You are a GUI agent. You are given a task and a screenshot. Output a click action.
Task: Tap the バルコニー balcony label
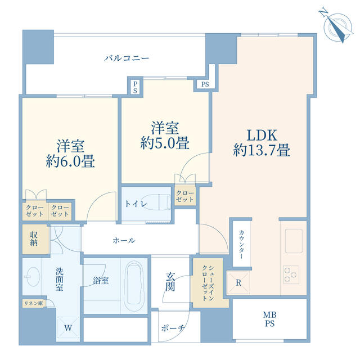pyautogui.click(x=127, y=58)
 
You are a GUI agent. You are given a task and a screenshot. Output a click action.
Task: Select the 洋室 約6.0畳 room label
pyautogui.click(x=70, y=154)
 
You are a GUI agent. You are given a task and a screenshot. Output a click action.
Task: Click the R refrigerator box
pyautogui.click(x=238, y=282)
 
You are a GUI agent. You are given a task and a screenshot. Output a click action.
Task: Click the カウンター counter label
pyautogui.click(x=241, y=245)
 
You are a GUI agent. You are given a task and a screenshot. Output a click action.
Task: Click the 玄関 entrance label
pyautogui.click(x=170, y=281)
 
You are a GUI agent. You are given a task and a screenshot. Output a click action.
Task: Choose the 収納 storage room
pyautogui.click(x=35, y=238)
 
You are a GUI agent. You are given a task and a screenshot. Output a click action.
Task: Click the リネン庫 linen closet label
pyautogui.click(x=33, y=303)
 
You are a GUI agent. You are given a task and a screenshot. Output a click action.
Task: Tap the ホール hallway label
pyautogui.click(x=124, y=240)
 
